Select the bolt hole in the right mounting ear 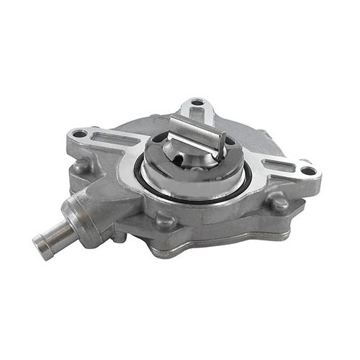click(x=307, y=171)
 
